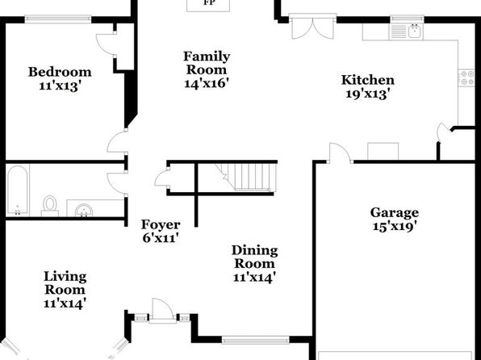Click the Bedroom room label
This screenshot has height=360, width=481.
(x=60, y=72)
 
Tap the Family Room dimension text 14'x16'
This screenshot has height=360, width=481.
(x=207, y=83)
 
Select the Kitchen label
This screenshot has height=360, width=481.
(x=368, y=80)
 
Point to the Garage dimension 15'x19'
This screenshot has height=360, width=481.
(x=395, y=226)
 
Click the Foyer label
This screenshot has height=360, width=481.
(x=161, y=224)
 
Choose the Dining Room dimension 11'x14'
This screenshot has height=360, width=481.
(x=253, y=278)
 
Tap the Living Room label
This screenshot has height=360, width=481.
(x=65, y=283)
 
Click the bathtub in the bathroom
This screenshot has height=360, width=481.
(x=18, y=190)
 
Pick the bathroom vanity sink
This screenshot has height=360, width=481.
(x=84, y=210)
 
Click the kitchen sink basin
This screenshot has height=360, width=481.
(x=416, y=31)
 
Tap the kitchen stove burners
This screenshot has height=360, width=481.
(x=466, y=77)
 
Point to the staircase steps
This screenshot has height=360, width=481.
(x=249, y=178)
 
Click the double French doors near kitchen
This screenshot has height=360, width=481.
(x=312, y=28)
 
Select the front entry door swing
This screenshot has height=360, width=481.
(x=162, y=309)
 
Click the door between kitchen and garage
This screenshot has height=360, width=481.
(x=340, y=153)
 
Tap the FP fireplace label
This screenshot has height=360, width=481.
(x=209, y=2)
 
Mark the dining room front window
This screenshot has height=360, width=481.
(x=255, y=340)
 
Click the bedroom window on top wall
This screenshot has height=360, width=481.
(x=58, y=19)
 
